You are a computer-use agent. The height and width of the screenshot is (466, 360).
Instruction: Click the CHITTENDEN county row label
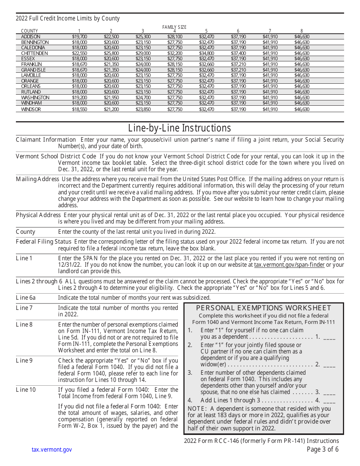(34, 53)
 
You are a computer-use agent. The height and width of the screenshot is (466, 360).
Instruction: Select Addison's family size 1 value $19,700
(79, 37)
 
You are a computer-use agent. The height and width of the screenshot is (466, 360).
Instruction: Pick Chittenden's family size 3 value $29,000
(143, 53)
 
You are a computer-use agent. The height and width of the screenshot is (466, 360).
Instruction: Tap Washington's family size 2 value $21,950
(111, 98)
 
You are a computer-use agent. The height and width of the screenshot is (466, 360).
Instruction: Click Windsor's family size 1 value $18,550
(79, 109)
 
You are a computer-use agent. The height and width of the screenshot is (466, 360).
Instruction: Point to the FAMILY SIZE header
(174, 27)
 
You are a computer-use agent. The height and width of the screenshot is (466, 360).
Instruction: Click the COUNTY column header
(30, 31)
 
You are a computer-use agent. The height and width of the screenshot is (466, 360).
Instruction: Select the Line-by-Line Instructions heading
(180, 128)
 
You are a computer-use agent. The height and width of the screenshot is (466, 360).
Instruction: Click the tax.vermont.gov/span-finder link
(289, 265)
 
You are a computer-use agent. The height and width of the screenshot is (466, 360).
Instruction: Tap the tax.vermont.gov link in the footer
(52, 450)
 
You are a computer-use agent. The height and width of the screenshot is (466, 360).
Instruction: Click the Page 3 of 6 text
(322, 449)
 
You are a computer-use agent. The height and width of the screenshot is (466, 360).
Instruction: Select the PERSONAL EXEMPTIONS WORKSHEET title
(263, 308)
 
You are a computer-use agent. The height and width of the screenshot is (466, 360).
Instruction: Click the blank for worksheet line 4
(330, 400)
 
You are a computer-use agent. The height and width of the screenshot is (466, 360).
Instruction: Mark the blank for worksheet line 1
(330, 337)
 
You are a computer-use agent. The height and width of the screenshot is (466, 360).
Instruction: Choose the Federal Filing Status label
(44, 242)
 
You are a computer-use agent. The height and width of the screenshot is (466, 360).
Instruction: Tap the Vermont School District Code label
(56, 156)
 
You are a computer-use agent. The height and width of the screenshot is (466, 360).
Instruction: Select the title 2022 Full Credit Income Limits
(67, 19)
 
